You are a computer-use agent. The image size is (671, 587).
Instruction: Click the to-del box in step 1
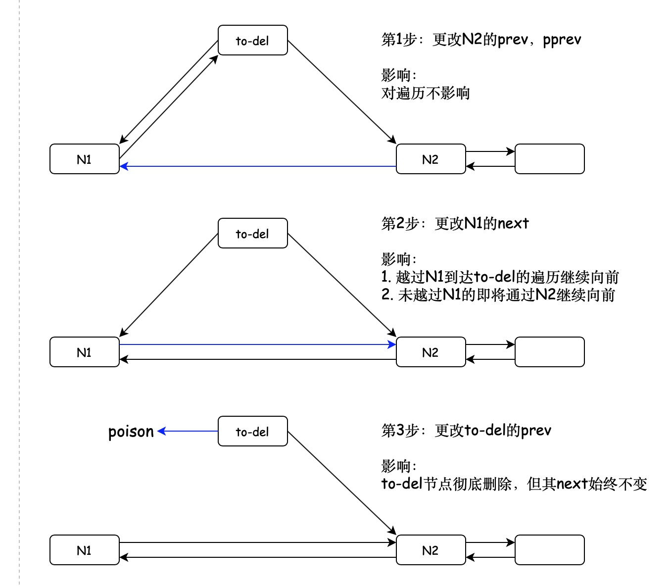tap(252, 40)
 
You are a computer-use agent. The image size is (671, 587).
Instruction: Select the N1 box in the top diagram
tap(84, 159)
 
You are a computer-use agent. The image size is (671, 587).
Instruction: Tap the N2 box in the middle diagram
tap(431, 352)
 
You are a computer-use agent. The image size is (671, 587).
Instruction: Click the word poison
tap(131, 432)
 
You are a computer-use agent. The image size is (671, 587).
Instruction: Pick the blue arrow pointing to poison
tap(188, 431)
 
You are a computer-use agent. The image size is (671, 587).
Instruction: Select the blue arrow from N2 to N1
tap(257, 166)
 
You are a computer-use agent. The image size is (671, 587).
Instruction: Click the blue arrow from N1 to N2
tap(257, 344)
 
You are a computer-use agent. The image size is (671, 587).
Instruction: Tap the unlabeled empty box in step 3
tap(549, 550)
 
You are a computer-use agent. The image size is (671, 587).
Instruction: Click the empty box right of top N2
tap(549, 159)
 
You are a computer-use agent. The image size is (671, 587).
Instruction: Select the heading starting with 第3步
tap(466, 430)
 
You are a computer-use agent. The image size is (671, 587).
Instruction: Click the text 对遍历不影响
tap(425, 93)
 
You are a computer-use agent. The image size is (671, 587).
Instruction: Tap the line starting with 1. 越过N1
tap(500, 277)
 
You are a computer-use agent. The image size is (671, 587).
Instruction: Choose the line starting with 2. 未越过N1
tap(498, 295)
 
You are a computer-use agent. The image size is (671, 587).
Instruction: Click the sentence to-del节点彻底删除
tap(514, 484)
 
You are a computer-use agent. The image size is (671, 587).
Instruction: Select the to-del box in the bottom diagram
tap(252, 431)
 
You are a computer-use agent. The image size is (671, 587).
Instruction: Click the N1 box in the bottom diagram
tap(84, 550)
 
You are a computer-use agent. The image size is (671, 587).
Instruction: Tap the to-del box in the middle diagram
tap(252, 233)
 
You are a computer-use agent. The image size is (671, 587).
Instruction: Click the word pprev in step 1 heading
tap(562, 40)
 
